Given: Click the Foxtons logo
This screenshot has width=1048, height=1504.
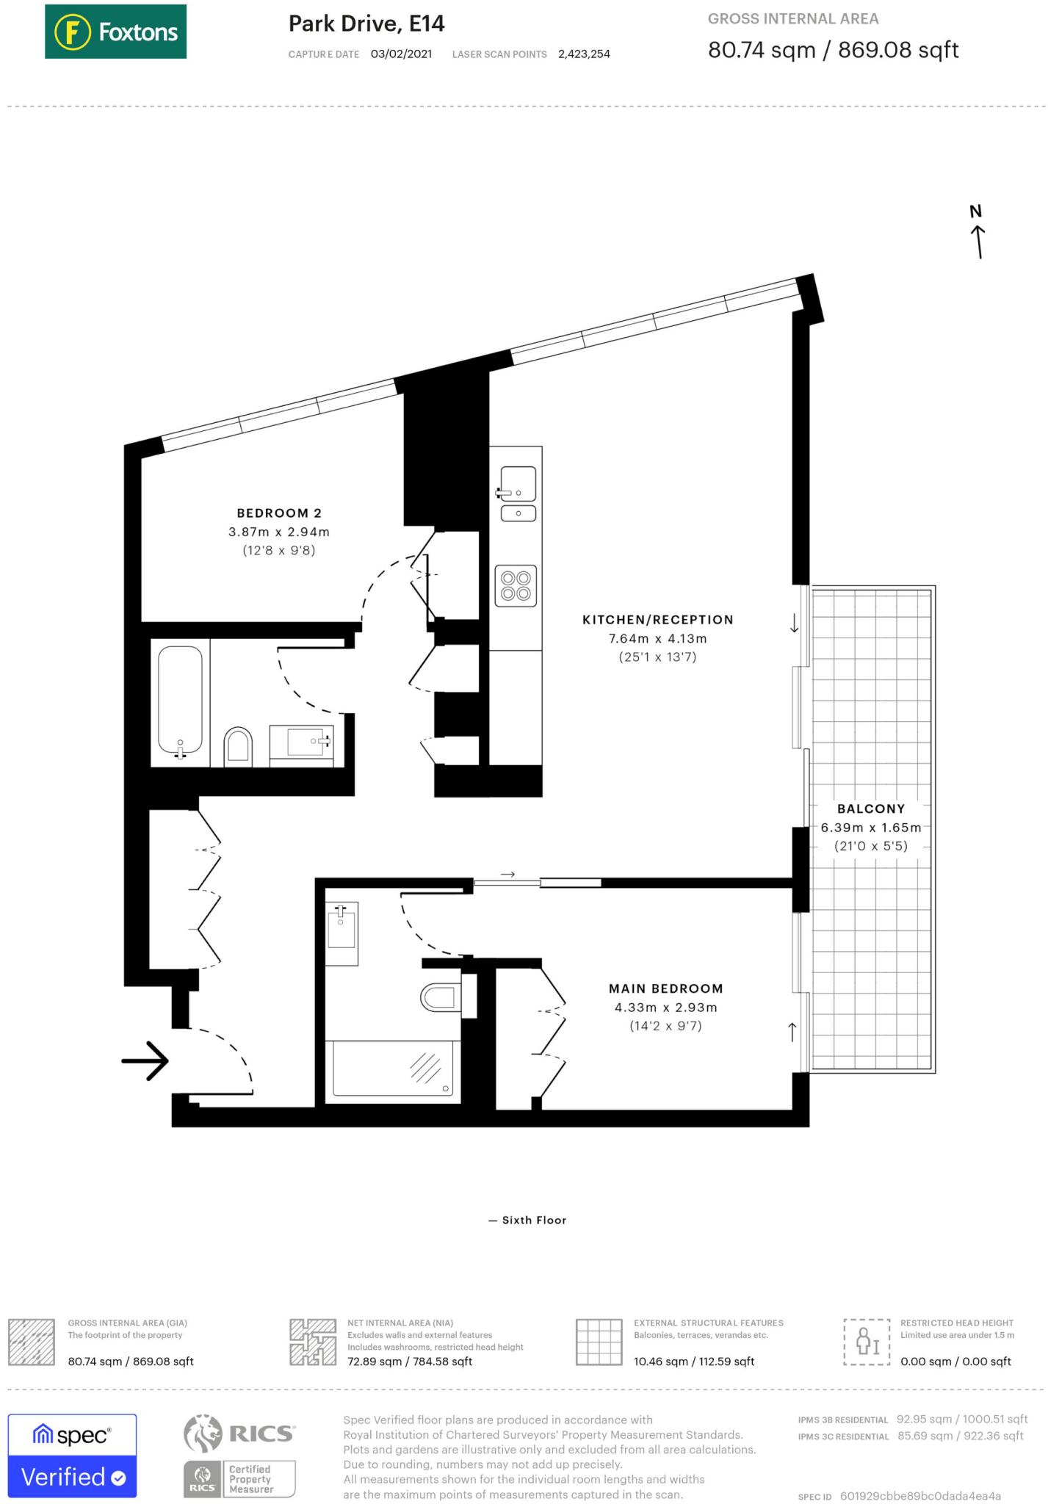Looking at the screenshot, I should [x=115, y=32].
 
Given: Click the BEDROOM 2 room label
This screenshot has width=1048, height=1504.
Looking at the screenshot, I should [x=279, y=513].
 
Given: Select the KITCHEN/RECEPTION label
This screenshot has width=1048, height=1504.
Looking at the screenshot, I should [x=657, y=620].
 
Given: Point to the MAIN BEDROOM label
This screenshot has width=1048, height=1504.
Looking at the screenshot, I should [x=665, y=988].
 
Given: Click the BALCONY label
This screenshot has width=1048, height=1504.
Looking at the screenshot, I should [x=871, y=809].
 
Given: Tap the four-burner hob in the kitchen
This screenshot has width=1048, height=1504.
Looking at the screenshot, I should [x=516, y=585].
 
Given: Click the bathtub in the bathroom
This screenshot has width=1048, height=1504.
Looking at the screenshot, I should [x=180, y=700].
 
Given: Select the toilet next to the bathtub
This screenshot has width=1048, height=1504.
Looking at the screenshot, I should [x=238, y=745].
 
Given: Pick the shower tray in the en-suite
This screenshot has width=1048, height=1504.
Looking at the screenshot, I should [x=393, y=1069].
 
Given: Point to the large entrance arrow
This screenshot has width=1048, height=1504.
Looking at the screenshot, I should [x=145, y=1060].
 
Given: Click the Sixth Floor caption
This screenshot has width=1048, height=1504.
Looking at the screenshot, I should [x=534, y=1220].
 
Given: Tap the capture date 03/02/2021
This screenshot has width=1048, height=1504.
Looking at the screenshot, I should [x=401, y=54].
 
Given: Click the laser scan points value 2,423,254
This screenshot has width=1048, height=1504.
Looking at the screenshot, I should [x=584, y=54].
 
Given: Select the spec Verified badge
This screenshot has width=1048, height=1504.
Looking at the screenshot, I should [x=72, y=1456].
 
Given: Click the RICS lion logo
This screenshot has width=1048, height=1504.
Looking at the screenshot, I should [x=203, y=1433].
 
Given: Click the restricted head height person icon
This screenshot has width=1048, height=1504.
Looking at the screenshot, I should [x=867, y=1342].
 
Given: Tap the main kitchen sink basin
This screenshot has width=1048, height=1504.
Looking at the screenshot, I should [x=518, y=484].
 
